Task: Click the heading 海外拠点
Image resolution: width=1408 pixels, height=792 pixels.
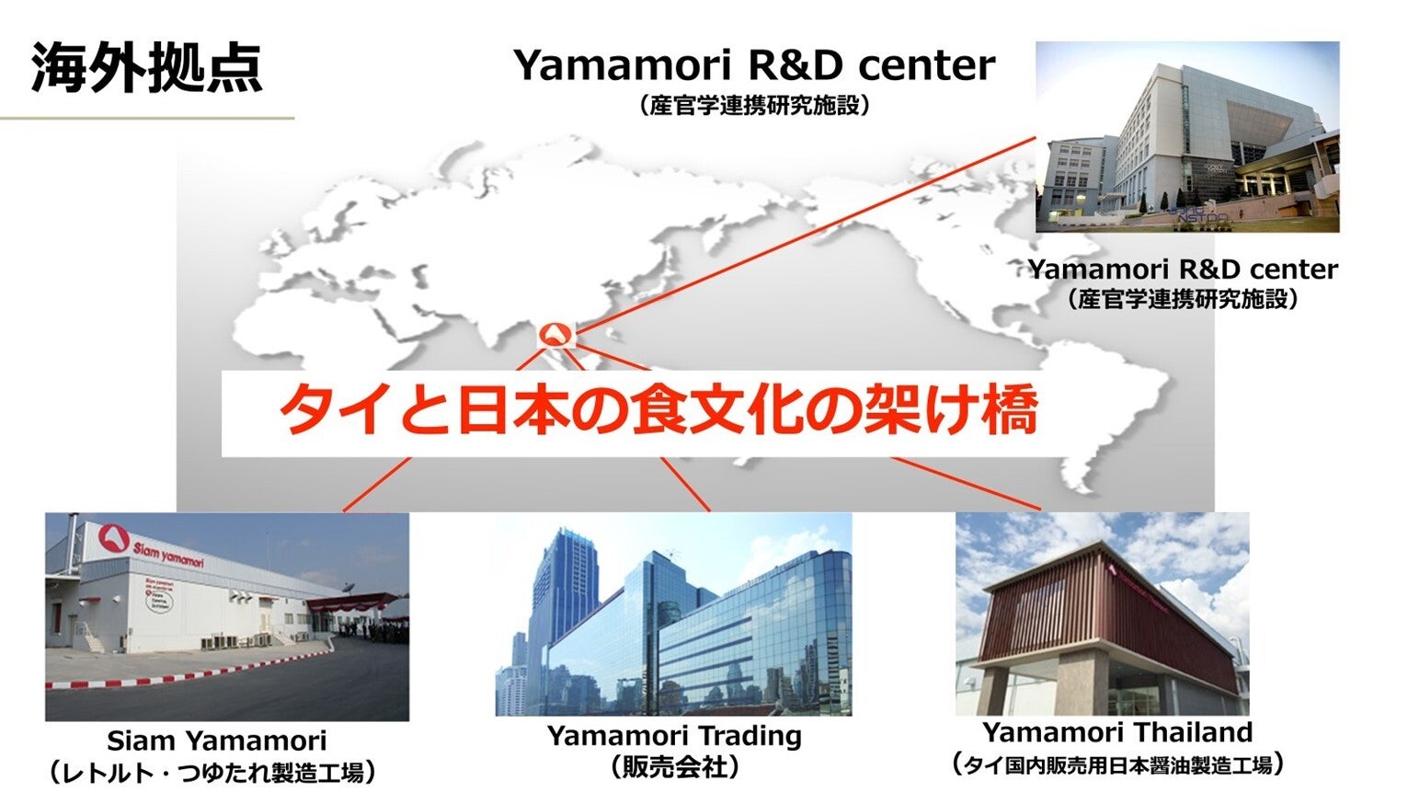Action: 146,67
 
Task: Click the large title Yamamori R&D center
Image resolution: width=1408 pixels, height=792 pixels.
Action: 754,64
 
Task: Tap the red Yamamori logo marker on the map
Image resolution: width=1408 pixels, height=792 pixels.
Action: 556,335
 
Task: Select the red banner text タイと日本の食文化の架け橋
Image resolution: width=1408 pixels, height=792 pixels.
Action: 658,412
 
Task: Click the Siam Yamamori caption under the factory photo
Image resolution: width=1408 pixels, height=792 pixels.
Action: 217,740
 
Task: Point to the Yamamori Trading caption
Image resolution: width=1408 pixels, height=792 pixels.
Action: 674,736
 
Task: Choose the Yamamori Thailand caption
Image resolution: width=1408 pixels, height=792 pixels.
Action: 1117,732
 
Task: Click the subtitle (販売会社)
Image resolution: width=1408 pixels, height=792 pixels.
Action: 674,766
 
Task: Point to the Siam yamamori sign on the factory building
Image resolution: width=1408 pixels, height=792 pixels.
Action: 167,554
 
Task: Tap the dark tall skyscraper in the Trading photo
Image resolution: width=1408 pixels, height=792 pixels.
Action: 563,603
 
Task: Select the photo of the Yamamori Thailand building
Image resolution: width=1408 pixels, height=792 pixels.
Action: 1103,614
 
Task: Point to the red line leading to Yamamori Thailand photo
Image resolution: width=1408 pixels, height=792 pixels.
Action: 967,483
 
